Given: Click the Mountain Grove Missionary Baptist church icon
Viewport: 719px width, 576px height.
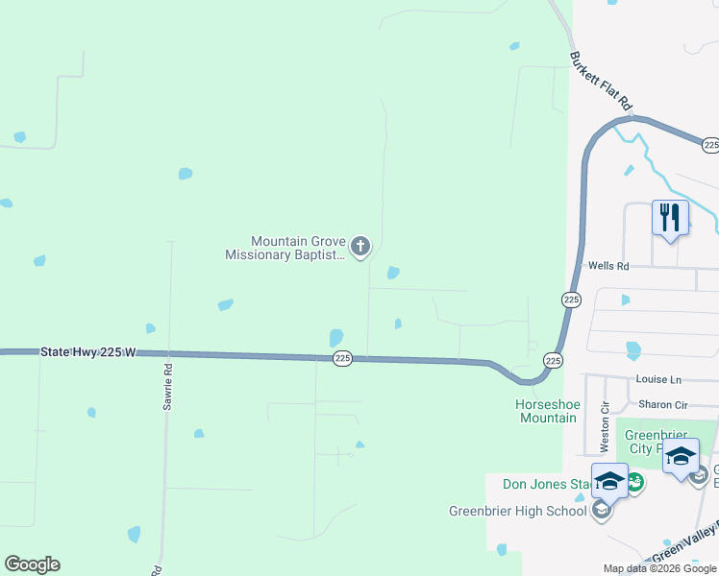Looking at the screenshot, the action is pyautogui.click(x=360, y=248).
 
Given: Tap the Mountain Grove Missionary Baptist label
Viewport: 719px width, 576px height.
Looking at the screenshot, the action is pyautogui.click(x=285, y=249).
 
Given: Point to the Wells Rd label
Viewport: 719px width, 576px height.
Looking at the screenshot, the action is pyautogui.click(x=607, y=266).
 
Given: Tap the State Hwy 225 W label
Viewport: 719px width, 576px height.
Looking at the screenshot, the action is pyautogui.click(x=88, y=352).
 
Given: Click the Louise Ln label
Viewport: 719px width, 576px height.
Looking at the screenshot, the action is pyautogui.click(x=657, y=380).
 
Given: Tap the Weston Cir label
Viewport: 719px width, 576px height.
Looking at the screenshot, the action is pyautogui.click(x=606, y=427).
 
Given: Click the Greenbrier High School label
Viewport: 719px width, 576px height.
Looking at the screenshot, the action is pyautogui.click(x=517, y=511).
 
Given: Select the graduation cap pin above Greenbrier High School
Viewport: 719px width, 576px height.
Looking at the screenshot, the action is pyautogui.click(x=609, y=480).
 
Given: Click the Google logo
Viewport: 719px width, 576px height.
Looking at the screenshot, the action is pyautogui.click(x=32, y=564).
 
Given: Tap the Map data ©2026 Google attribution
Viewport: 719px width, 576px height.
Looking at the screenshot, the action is pyautogui.click(x=660, y=568).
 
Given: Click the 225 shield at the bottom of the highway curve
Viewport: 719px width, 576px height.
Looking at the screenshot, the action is pyautogui.click(x=553, y=360).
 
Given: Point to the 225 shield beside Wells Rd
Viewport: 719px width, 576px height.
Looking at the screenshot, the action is pyautogui.click(x=571, y=300).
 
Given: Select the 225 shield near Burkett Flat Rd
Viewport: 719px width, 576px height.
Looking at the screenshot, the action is pyautogui.click(x=710, y=145).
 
